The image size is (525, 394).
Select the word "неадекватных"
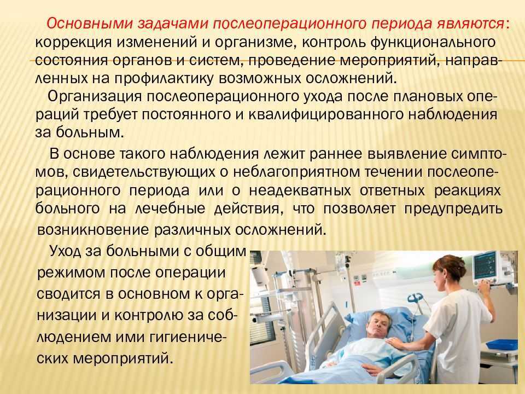pos(300,190)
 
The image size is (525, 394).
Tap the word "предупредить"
pos(453,208)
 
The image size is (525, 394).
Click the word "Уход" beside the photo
pos(65,251)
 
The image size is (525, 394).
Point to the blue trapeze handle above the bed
pos(415,298)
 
